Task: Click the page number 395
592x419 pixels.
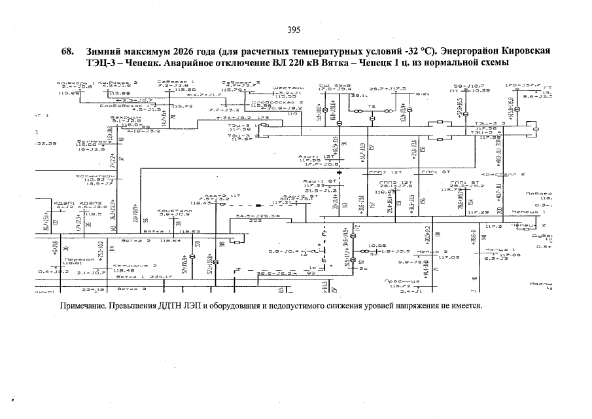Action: coord(293,29)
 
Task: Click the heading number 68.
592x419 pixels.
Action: coord(67,52)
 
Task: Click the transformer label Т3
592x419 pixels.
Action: coord(370,105)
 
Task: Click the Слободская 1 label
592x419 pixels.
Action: coord(133,105)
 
